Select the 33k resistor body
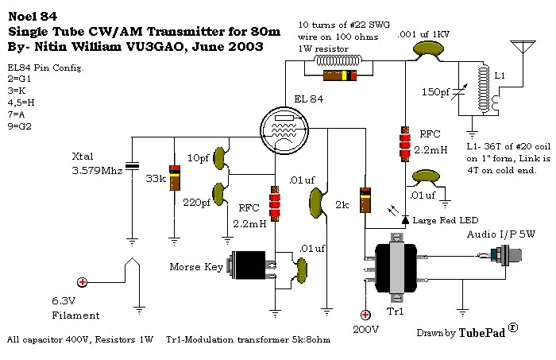click(x=173, y=177)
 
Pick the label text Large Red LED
click(x=449, y=219)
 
